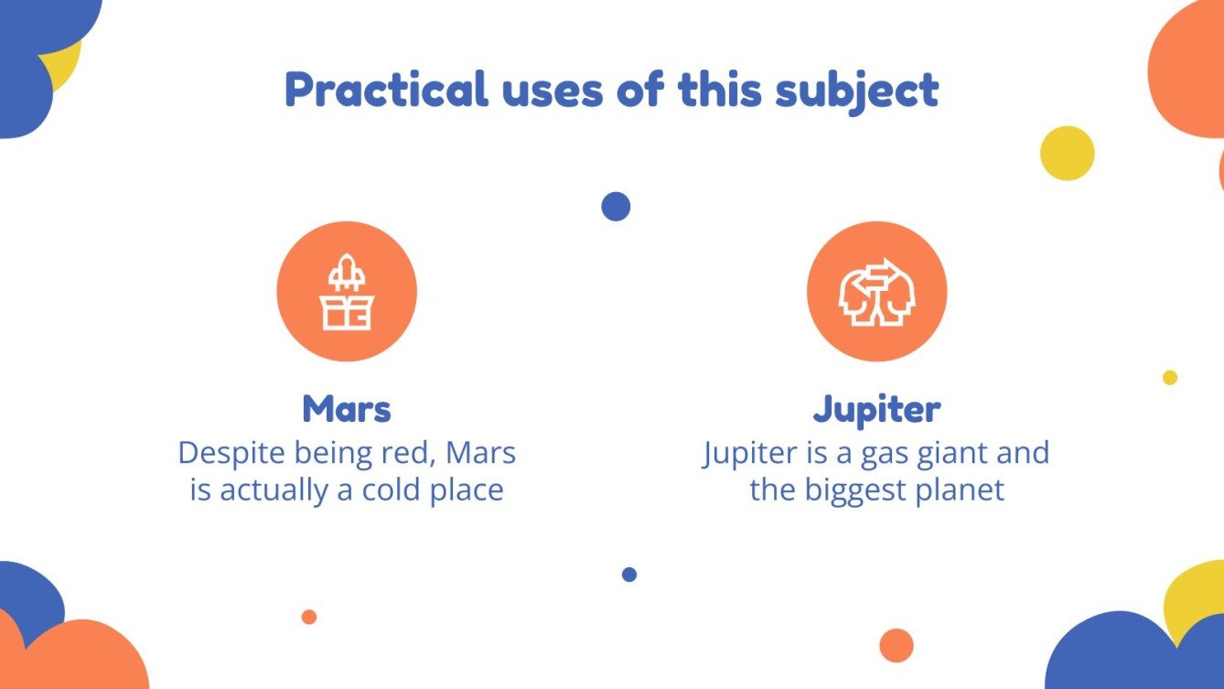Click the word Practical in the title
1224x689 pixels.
tap(385, 90)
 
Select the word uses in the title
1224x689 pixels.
tap(548, 90)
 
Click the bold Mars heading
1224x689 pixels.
tap(347, 410)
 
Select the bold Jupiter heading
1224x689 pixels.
tap(876, 410)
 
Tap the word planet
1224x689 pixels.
tap(960, 490)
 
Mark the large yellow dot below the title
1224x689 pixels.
tap(1068, 154)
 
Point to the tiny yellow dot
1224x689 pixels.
tap(1170, 377)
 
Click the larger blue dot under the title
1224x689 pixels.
tap(616, 207)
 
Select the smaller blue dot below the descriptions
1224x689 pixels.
tap(629, 575)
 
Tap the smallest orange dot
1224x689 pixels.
tap(309, 617)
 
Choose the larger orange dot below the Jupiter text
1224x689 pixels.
tap(897, 645)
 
